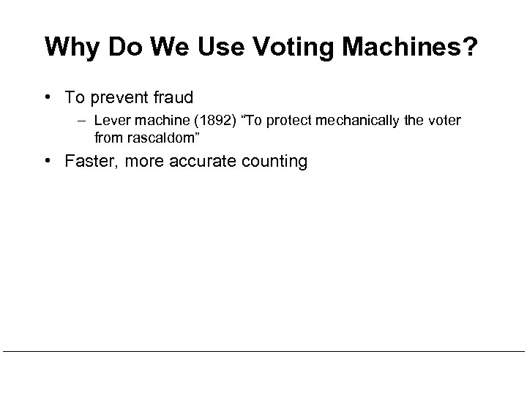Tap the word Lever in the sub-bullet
coord(110,121)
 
